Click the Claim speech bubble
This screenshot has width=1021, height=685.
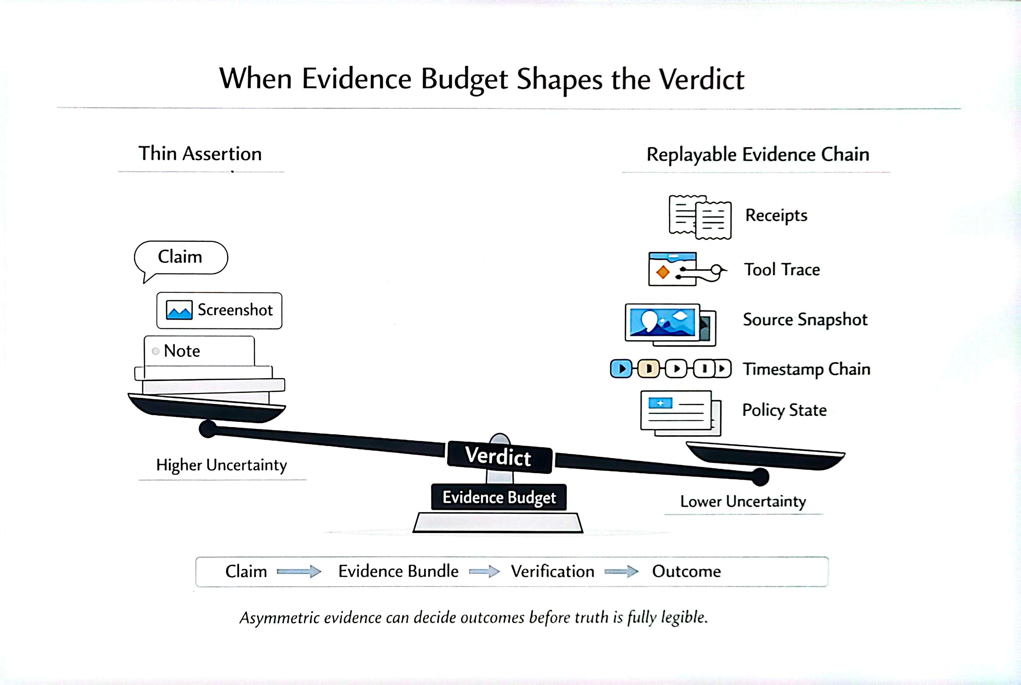(180, 258)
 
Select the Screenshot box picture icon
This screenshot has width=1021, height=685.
(179, 310)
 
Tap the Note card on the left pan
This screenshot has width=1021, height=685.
(199, 351)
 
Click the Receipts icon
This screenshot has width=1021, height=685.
(700, 217)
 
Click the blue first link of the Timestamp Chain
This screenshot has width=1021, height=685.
(620, 369)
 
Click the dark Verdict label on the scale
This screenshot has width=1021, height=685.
(499, 456)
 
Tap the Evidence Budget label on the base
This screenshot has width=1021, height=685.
(499, 497)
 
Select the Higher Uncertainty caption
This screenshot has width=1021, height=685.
(221, 465)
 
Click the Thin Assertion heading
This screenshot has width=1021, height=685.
(200, 154)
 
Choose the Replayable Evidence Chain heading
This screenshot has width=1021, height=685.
(758, 155)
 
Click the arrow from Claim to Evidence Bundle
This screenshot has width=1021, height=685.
(299, 571)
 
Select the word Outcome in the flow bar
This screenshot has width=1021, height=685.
(686, 571)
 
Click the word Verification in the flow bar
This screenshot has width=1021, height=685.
(552, 571)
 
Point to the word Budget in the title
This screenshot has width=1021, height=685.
(464, 80)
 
